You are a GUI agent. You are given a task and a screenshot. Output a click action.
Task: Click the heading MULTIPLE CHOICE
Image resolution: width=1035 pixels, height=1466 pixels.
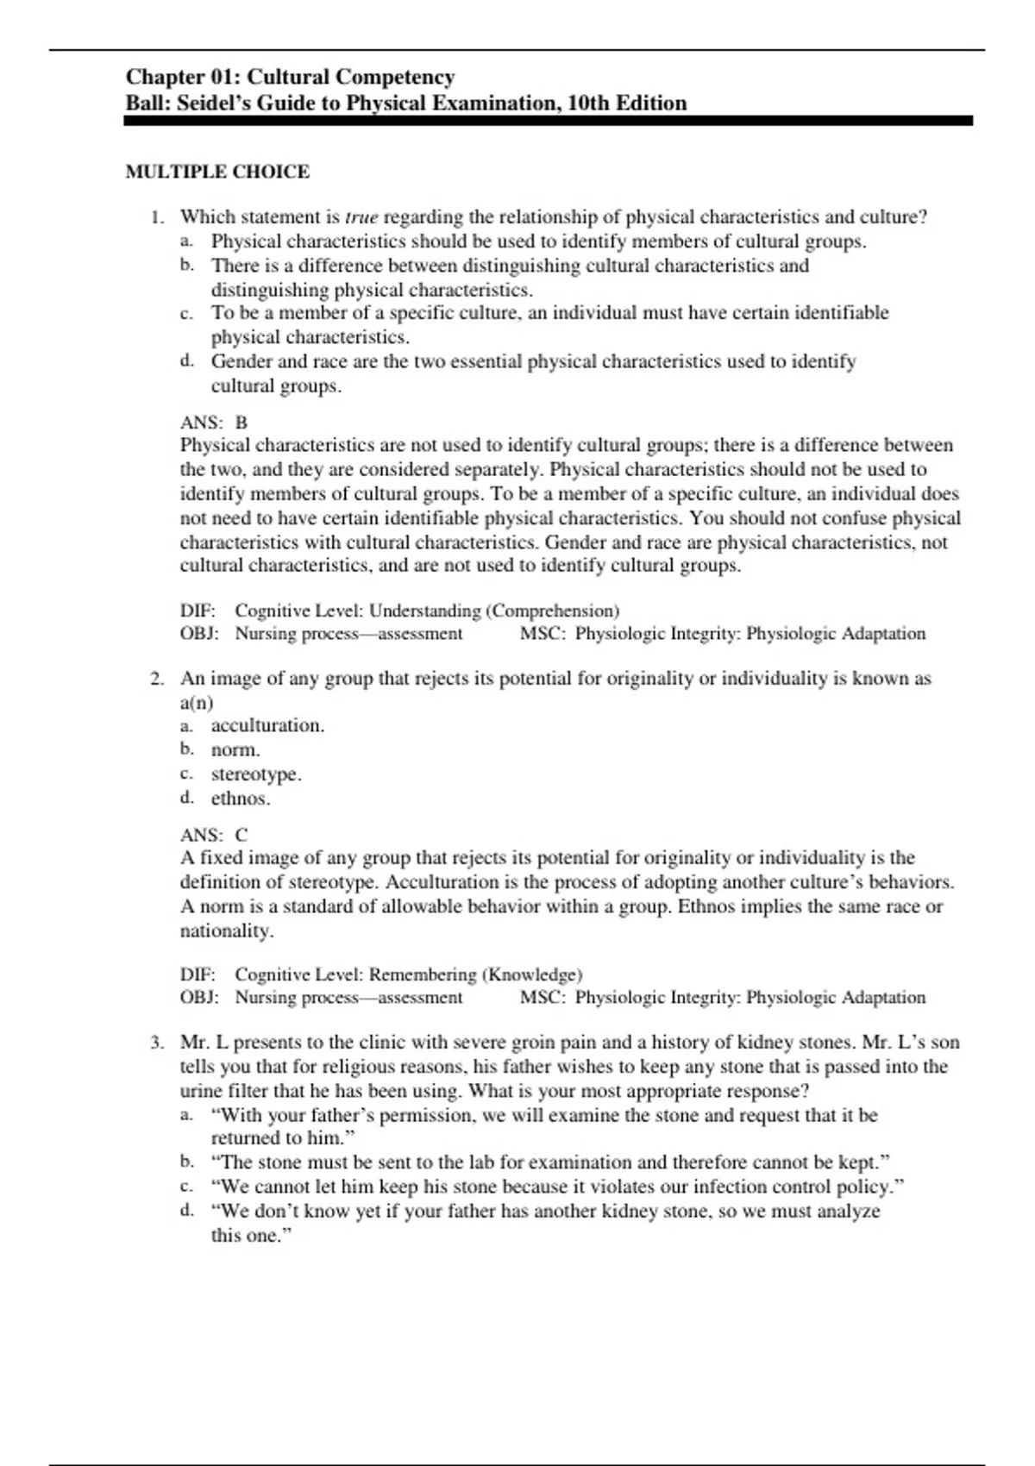[x=217, y=172]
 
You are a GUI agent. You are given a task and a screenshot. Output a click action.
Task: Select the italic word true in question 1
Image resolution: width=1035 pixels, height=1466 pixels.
[x=361, y=216]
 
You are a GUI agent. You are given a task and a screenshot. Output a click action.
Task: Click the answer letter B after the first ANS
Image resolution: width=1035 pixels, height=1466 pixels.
[x=241, y=423]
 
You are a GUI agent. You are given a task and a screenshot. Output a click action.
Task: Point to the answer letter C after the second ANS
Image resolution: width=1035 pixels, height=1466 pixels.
[x=241, y=835]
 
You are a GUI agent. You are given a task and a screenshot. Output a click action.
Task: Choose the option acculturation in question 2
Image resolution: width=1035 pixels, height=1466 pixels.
[x=267, y=725]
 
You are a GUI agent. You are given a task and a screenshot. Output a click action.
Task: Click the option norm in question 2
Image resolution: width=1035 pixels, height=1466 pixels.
[x=235, y=749]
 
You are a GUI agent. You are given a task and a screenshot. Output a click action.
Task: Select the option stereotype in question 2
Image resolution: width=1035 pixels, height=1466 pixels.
[x=256, y=774]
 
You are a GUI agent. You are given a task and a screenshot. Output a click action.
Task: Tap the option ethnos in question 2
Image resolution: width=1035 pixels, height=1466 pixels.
[x=241, y=798]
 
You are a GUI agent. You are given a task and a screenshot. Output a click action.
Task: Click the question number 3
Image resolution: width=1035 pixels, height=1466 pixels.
[x=156, y=1042]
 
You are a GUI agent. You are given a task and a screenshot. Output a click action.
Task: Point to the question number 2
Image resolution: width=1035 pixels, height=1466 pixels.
[x=156, y=678]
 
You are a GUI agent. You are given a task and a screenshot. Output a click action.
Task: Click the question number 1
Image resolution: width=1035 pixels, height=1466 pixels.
[x=156, y=216]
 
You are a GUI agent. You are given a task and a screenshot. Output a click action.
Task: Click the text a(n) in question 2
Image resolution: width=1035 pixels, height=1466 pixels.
[x=197, y=702]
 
